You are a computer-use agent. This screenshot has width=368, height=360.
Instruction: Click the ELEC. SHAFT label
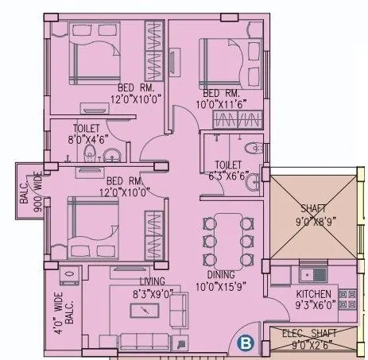[x=309, y=334]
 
